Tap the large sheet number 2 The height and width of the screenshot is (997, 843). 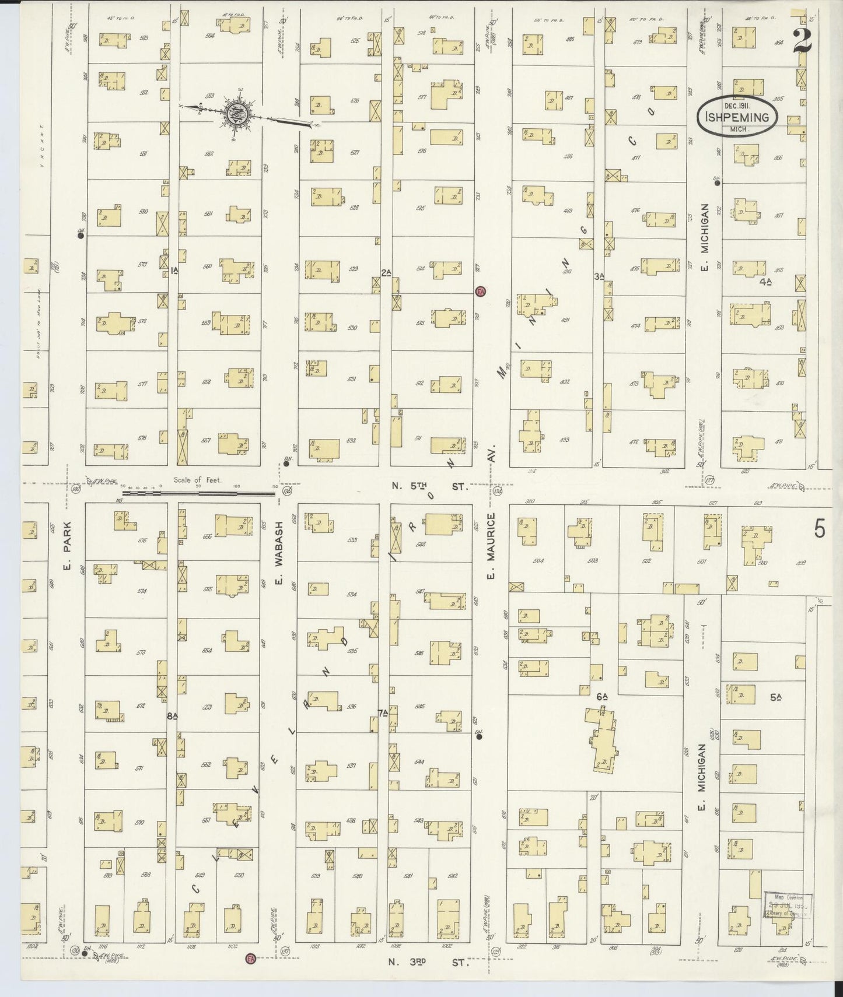pos(804,40)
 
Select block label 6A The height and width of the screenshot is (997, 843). pos(603,696)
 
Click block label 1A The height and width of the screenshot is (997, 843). pos(174,271)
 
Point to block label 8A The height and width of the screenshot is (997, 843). pos(171,716)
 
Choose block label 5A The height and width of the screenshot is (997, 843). pos(775,696)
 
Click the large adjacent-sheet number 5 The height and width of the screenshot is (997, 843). pos(820,529)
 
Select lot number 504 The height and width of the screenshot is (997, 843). pos(538,561)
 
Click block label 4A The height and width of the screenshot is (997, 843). pos(766,282)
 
